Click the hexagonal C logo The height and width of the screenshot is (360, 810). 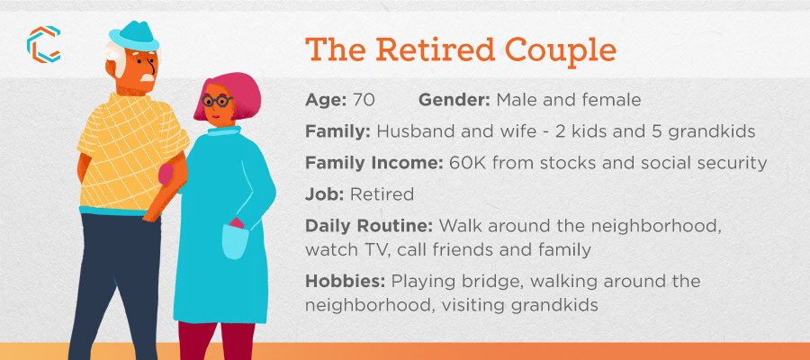[44, 44]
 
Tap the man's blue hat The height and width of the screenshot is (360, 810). [133, 36]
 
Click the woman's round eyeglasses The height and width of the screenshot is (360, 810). [217, 100]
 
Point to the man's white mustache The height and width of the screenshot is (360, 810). [148, 78]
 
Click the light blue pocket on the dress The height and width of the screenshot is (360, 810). [235, 242]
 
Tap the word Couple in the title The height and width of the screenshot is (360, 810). [561, 50]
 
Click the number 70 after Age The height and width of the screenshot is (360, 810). [364, 100]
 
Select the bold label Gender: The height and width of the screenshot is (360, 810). [454, 100]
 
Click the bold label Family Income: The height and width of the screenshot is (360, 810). [374, 163]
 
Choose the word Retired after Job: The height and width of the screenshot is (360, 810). [382, 194]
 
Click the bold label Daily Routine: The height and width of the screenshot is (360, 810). [371, 226]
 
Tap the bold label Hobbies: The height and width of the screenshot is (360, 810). [346, 282]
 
